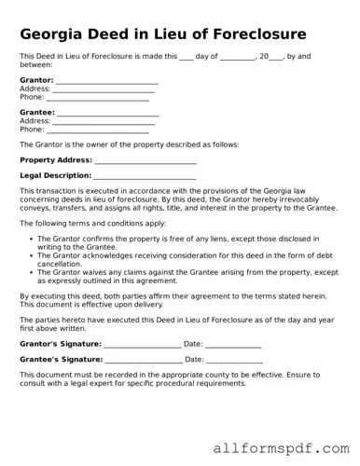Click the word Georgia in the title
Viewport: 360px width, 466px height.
click(x=54, y=34)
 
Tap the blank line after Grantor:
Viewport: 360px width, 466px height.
click(x=106, y=81)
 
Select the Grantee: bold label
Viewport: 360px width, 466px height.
click(x=37, y=113)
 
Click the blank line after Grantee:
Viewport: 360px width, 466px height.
click(x=108, y=114)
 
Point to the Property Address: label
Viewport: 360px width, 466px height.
click(x=56, y=160)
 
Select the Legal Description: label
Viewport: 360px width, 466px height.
click(x=55, y=175)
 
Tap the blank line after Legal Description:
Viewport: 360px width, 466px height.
click(x=145, y=176)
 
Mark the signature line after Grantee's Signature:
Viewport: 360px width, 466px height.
click(x=144, y=360)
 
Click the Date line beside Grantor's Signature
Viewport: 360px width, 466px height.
click(x=234, y=345)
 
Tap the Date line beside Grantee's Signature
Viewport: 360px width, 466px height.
click(x=234, y=360)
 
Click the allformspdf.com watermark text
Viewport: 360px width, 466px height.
click(x=281, y=448)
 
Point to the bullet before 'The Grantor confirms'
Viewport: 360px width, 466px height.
click(x=32, y=239)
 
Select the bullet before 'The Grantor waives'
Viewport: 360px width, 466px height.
click(x=32, y=271)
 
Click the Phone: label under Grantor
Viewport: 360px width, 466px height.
click(x=32, y=97)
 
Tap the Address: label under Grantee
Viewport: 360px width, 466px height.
click(x=35, y=121)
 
